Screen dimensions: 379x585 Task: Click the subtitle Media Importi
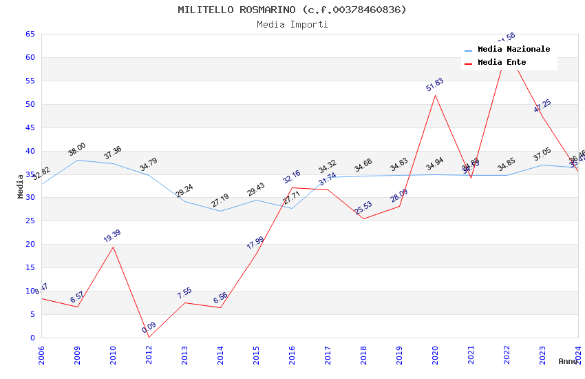[292, 24]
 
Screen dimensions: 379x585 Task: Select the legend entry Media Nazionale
[513, 50]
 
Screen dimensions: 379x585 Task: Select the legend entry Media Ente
[502, 63]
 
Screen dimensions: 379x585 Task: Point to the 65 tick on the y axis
[30, 34]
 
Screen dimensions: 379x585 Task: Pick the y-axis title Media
[21, 186]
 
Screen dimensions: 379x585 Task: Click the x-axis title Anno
[568, 361]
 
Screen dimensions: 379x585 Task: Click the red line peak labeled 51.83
[435, 95]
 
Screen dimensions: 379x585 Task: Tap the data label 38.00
[77, 149]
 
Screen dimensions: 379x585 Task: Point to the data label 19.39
[113, 236]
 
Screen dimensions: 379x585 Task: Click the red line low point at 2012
[149, 337]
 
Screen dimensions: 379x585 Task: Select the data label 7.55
[184, 294]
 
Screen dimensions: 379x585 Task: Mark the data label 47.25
[542, 105]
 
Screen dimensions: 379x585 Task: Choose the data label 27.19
[220, 201]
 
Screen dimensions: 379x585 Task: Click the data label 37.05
[542, 154]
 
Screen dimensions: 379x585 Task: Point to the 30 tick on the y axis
[30, 198]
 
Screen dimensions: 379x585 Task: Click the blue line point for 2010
[113, 163]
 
